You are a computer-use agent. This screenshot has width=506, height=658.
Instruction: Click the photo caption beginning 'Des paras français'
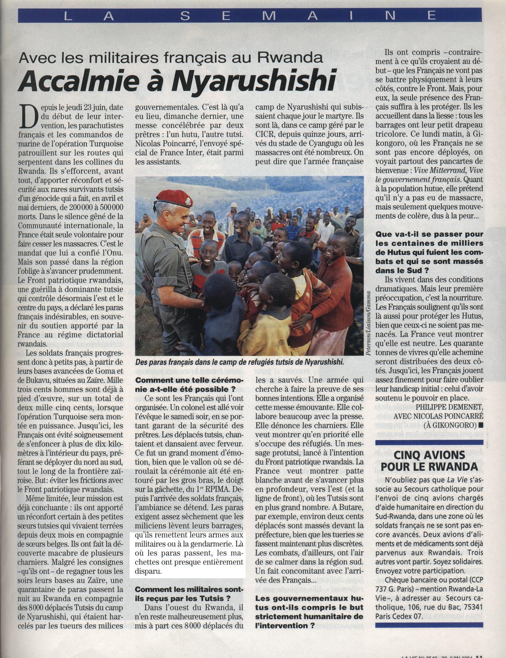239,362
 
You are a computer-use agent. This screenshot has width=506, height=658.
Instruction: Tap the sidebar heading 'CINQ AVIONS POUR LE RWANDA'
429,461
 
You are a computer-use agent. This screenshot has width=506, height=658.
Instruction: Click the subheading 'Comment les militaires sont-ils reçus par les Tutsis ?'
189,593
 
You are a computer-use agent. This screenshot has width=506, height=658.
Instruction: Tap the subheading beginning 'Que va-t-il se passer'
429,252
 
